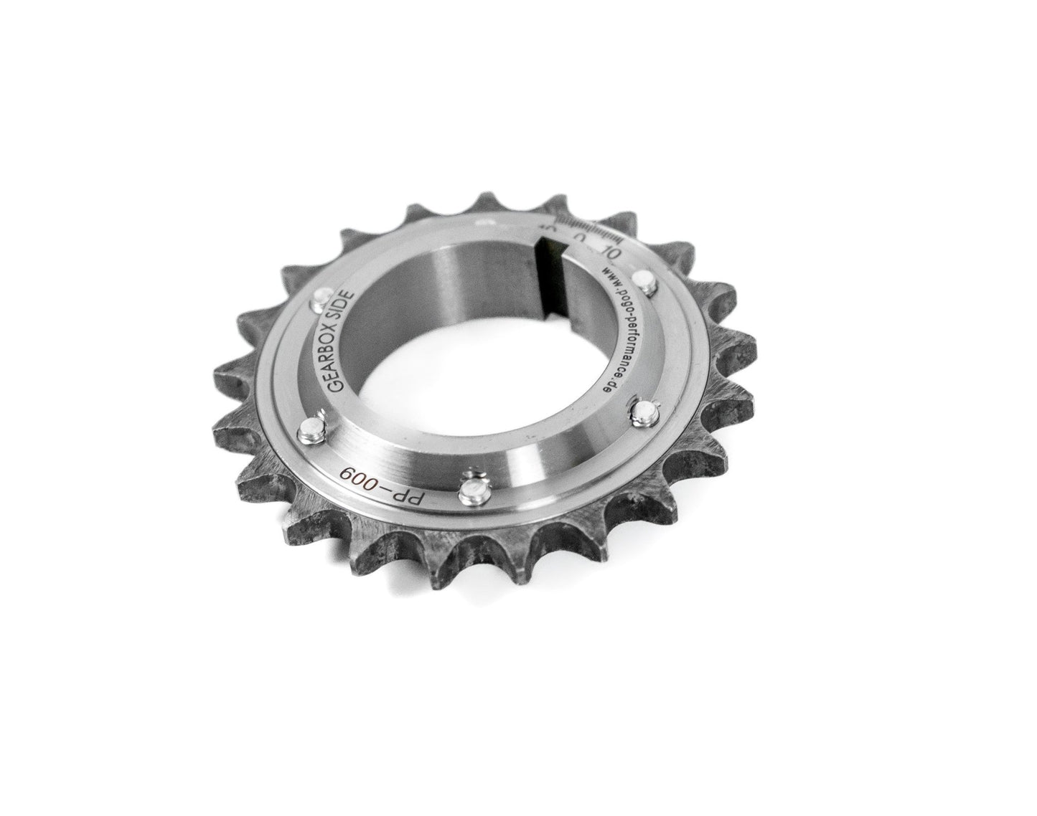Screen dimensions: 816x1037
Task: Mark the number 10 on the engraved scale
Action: point(612,252)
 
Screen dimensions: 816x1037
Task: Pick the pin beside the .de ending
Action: point(643,409)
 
